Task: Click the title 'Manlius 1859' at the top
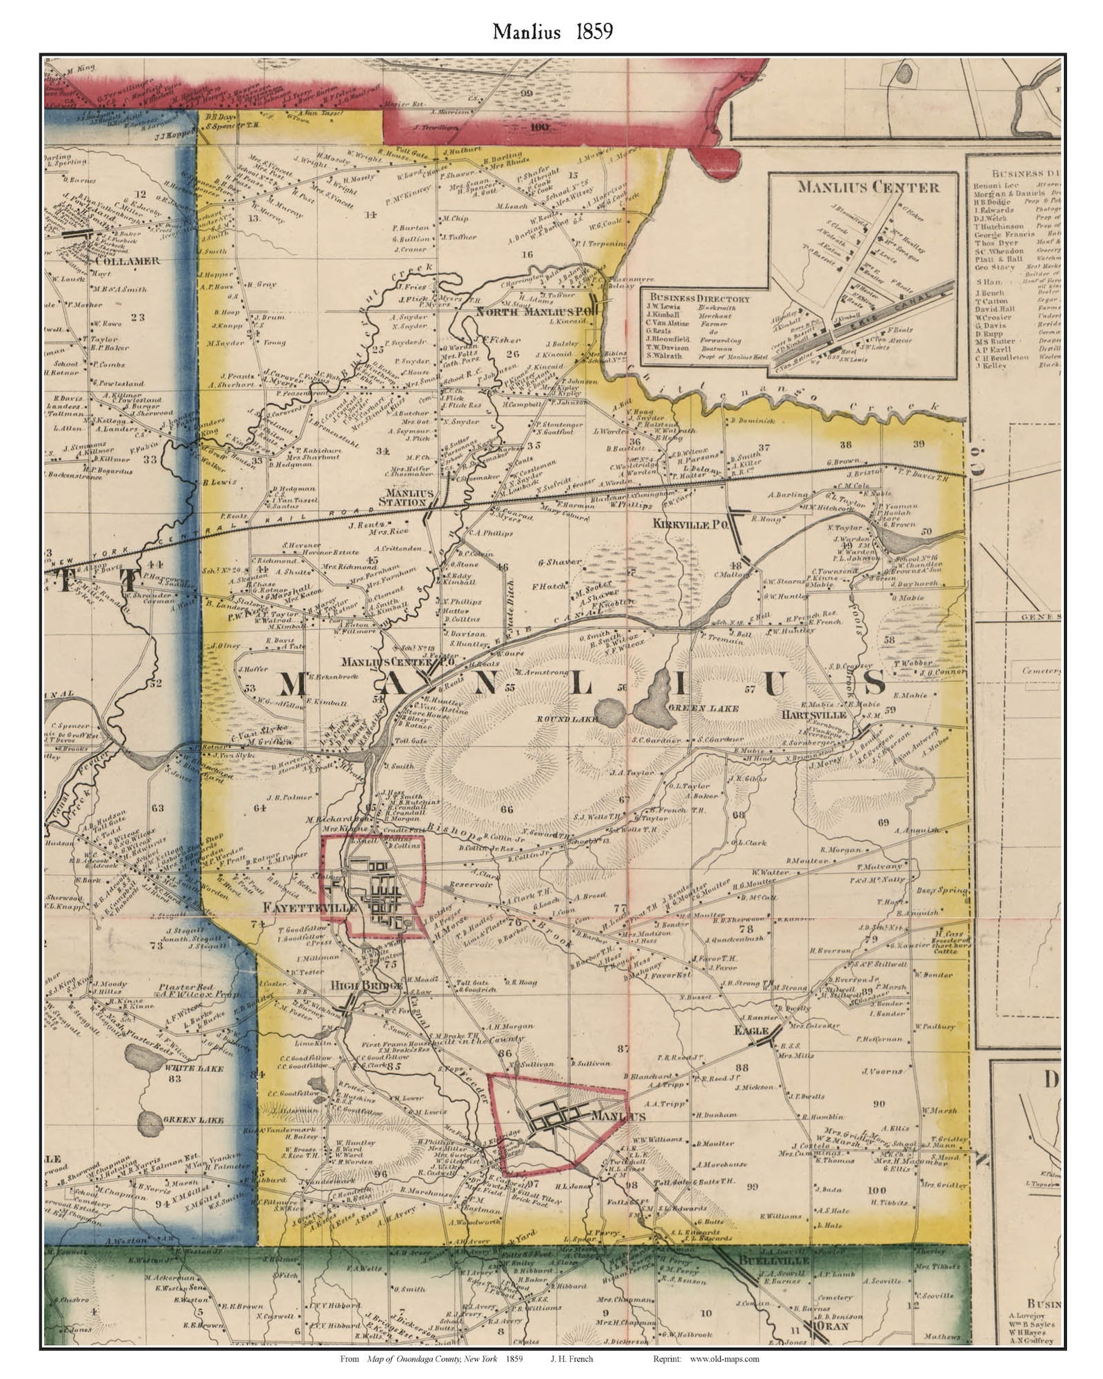pos(552,32)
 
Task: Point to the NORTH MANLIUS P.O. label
pos(537,313)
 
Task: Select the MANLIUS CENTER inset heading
pos(868,187)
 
